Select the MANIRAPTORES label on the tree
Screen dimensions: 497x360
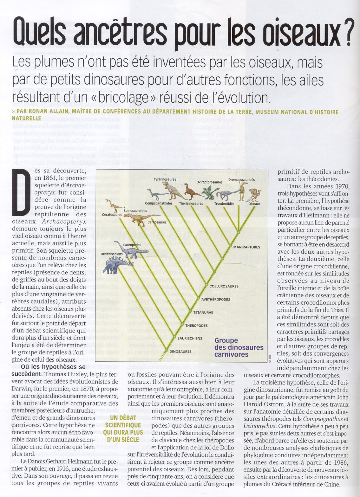[246, 247]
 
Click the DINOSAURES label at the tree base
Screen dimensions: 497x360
[180, 351]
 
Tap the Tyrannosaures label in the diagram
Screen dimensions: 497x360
[165, 179]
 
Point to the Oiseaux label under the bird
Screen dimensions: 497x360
[254, 204]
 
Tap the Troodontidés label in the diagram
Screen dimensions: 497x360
[224, 203]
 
